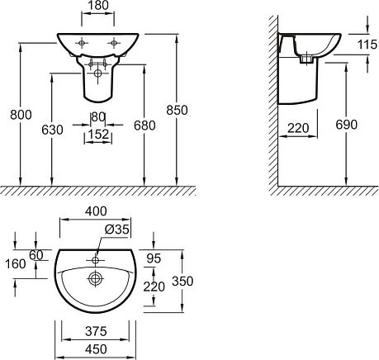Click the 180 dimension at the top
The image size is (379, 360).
point(97,5)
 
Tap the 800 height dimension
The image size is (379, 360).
point(21,115)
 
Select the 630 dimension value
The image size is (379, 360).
point(52,130)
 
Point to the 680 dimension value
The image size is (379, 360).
point(144,126)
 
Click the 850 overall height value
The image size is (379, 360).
point(177,110)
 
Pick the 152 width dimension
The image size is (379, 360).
point(98,134)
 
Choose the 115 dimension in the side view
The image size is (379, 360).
point(367,44)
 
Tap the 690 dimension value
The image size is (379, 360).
point(347,125)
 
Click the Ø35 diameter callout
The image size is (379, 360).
point(117,229)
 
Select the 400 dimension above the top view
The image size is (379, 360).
point(96,211)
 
